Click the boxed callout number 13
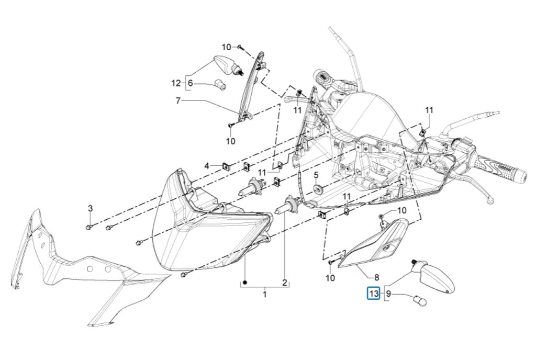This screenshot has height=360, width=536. point(374,294)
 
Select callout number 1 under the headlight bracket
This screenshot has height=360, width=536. point(264,294)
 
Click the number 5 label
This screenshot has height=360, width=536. point(316,174)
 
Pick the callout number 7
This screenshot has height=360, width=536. point(178,100)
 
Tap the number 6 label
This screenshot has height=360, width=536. point(190,83)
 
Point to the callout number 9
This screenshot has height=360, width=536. point(388,294)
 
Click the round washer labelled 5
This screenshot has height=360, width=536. point(317,187)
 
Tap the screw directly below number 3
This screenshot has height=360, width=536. point(89,227)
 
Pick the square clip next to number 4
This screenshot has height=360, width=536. point(226,166)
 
